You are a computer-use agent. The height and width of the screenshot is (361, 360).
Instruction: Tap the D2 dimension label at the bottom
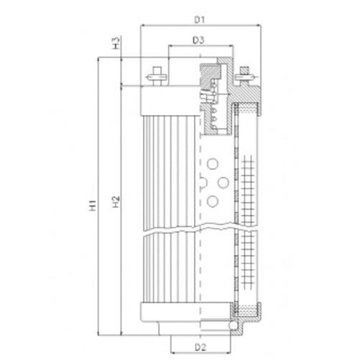tap(200, 345)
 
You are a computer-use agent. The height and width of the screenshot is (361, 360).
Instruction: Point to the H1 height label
tap(92, 207)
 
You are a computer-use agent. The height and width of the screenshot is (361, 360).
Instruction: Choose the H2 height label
tap(115, 207)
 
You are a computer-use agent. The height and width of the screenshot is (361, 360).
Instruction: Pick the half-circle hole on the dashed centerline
tap(203, 182)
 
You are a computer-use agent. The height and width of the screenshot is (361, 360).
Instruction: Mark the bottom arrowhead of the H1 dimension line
tap(98, 330)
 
